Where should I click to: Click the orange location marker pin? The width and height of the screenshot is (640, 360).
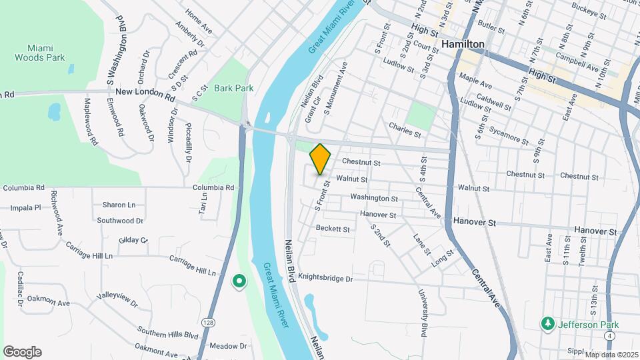click(x=320, y=159)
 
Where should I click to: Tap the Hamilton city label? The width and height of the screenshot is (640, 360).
click(x=463, y=43)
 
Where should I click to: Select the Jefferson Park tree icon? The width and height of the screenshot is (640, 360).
click(x=548, y=323)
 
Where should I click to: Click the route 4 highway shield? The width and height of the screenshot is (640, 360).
click(x=612, y=325)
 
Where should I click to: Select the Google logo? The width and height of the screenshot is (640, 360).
click(x=22, y=351)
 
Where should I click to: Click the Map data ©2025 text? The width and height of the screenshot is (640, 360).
click(x=611, y=354)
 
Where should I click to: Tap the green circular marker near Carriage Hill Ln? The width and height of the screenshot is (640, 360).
click(x=239, y=282)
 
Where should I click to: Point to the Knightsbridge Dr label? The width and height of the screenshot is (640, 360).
click(x=325, y=277)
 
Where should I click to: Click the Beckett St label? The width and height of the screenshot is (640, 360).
click(x=333, y=229)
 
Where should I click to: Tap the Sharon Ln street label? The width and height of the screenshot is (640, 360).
click(x=119, y=205)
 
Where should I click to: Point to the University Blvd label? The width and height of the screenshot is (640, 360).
click(x=423, y=312)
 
